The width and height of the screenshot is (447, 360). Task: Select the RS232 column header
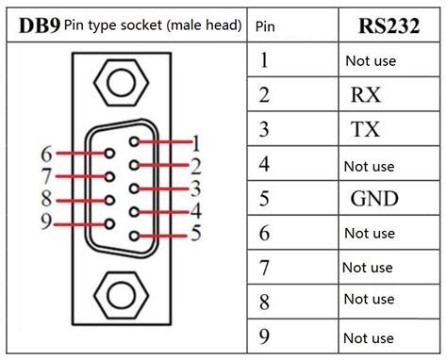[388, 25]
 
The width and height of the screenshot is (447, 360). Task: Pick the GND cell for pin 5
[374, 199]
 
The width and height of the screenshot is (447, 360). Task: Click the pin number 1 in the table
[264, 60]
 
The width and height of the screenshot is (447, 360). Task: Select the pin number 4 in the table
[264, 164]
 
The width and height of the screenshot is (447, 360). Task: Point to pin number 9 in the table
[264, 336]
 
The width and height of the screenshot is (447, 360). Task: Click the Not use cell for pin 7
[368, 268]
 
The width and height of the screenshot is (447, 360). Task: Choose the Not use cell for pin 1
[371, 61]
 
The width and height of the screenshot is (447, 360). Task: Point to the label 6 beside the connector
[45, 154]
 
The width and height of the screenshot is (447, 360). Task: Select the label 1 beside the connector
[196, 144]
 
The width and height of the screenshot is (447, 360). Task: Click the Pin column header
[266, 25]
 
